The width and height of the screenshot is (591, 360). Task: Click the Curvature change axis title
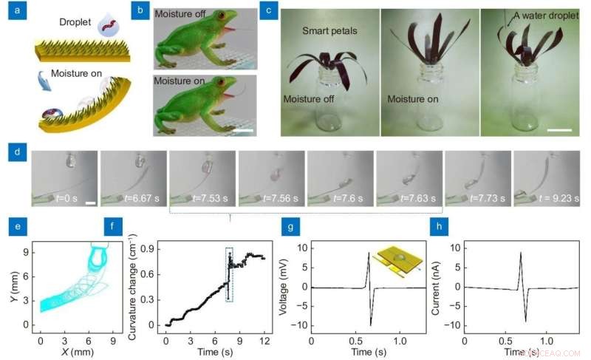tap(131, 285)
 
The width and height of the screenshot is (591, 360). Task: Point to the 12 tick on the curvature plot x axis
tap(264, 341)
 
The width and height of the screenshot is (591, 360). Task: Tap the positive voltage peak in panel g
tap(368, 254)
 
